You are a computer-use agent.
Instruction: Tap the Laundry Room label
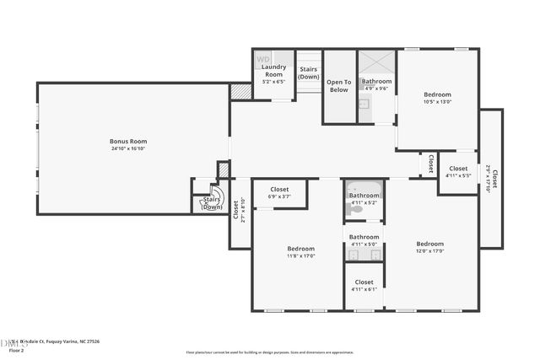[x=273, y=70]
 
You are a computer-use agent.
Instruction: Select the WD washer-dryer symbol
[x=262, y=60]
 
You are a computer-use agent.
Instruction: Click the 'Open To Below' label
[x=338, y=86]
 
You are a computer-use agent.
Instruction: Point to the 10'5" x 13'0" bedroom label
[x=437, y=101]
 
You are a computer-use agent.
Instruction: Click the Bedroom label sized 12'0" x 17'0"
[x=429, y=244]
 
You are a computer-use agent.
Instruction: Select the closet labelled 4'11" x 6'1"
[x=364, y=285]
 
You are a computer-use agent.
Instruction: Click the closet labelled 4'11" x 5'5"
[x=458, y=172]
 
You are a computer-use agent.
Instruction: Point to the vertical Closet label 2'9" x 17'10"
[x=492, y=178]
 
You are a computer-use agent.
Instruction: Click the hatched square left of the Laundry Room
[x=240, y=91]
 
